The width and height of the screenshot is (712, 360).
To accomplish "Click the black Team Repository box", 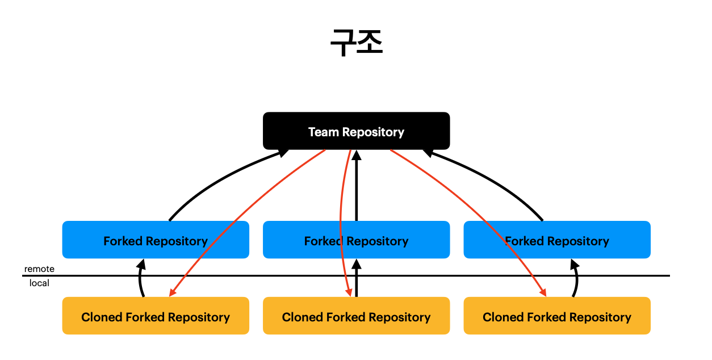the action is click(357, 131).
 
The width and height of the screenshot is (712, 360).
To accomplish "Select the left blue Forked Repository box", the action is click(156, 240).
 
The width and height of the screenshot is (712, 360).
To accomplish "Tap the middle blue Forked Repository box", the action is click(357, 240).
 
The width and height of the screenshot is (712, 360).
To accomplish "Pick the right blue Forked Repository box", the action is click(557, 240).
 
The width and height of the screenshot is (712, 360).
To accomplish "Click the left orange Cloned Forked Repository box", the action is click(156, 316).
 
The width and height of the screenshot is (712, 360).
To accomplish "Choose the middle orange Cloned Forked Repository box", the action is click(357, 316).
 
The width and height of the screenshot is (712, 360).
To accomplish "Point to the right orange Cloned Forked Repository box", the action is click(557, 316).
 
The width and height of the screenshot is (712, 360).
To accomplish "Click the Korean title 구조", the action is click(357, 42).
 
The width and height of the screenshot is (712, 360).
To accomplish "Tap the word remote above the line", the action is click(39, 269).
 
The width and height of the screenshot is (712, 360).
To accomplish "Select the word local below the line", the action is click(39, 283).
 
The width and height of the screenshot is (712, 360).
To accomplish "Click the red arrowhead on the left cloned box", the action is click(173, 292).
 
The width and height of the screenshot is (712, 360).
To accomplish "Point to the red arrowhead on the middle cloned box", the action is click(349, 292).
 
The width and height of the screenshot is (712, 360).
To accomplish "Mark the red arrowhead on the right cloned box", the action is click(543, 292).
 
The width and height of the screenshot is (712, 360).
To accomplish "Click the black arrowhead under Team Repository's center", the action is click(357, 155).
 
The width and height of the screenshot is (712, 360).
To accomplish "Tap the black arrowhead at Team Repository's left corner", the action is click(283, 153).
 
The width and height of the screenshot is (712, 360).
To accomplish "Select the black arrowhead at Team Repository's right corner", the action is click(428, 153).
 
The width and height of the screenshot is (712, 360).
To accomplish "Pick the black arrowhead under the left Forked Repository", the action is click(141, 264).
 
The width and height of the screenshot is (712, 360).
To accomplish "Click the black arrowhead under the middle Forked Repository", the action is click(357, 264).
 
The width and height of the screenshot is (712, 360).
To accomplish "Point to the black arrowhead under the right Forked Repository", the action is click(575, 264).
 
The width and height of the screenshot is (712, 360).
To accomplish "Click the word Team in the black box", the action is click(323, 132).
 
